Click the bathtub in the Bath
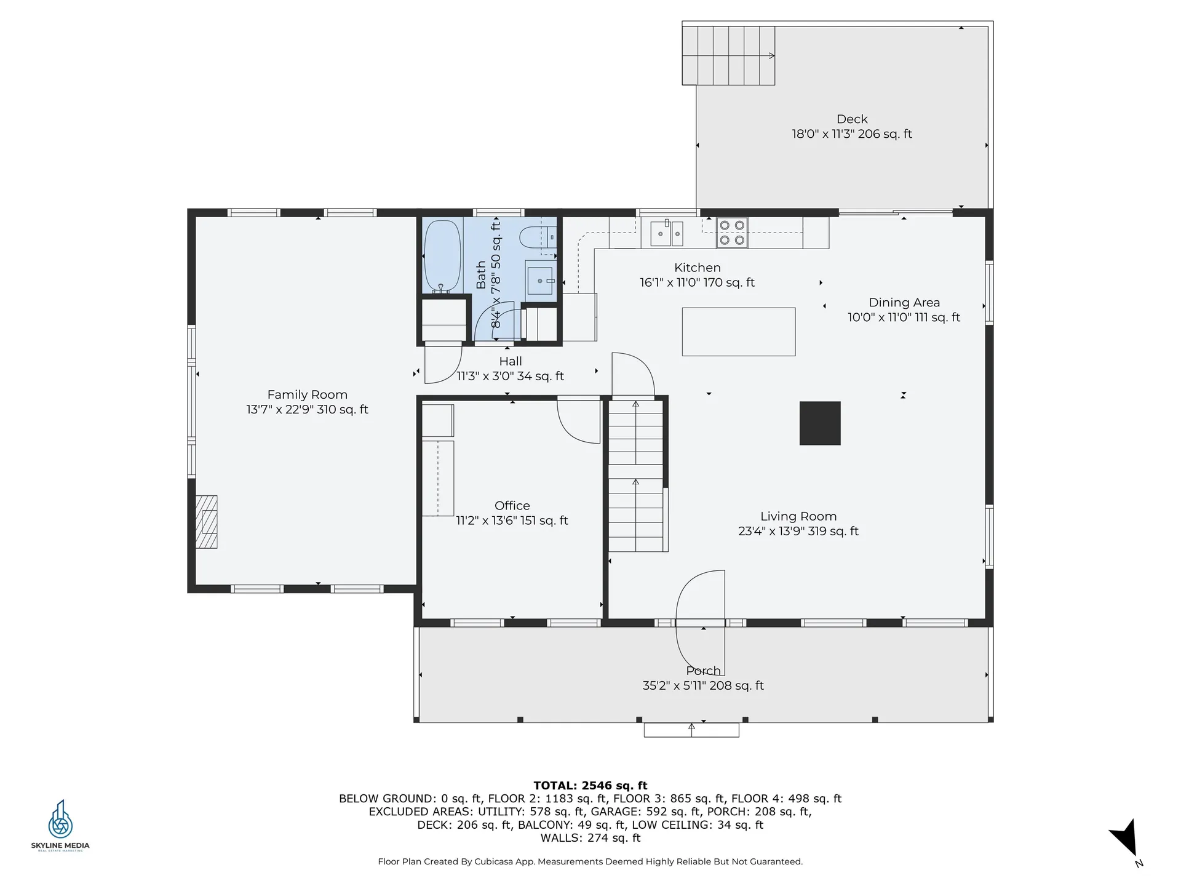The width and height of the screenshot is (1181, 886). click(442, 256)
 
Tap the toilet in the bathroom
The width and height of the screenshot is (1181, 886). click(533, 237)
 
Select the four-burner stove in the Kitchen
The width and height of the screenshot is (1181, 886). click(732, 233)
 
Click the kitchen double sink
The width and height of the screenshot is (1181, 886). click(667, 233)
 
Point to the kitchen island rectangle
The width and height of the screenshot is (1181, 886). click(738, 332)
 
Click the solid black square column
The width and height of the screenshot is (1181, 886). click(819, 423)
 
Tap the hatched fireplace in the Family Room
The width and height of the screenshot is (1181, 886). click(207, 522)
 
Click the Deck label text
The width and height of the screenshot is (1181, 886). click(852, 119)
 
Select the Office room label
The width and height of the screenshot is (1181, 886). click(512, 506)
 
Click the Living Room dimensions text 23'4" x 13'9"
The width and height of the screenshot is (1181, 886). click(798, 531)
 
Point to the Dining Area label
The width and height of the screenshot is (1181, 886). click(904, 303)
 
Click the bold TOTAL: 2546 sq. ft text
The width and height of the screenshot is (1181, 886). click(590, 785)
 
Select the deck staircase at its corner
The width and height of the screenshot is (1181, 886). click(728, 56)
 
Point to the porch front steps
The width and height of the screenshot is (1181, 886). click(691, 730)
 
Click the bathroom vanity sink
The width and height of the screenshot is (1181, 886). click(540, 281)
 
